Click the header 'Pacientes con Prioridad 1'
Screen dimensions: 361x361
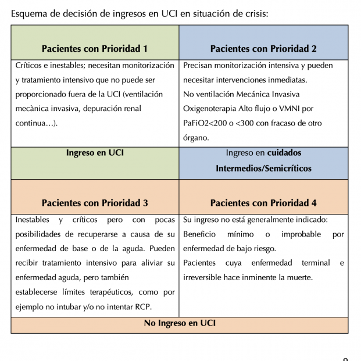tap(95, 49)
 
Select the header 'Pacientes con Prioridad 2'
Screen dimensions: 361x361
tap(263, 49)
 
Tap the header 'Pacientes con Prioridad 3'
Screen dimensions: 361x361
tap(95, 203)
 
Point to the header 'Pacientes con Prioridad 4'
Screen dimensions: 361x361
tap(263, 203)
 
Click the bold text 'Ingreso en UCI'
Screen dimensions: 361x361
tap(95, 153)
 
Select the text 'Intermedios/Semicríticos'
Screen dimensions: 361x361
tap(263, 169)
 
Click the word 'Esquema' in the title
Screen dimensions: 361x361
tap(30, 13)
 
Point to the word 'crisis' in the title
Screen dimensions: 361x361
tap(254, 13)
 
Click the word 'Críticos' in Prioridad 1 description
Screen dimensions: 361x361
tap(29, 66)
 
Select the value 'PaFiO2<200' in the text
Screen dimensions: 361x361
tap(205, 123)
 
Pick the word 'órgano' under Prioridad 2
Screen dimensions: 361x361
tap(196, 138)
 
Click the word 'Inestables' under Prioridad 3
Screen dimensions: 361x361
tap(33, 220)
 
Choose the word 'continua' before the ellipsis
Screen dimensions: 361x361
tap(30, 123)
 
